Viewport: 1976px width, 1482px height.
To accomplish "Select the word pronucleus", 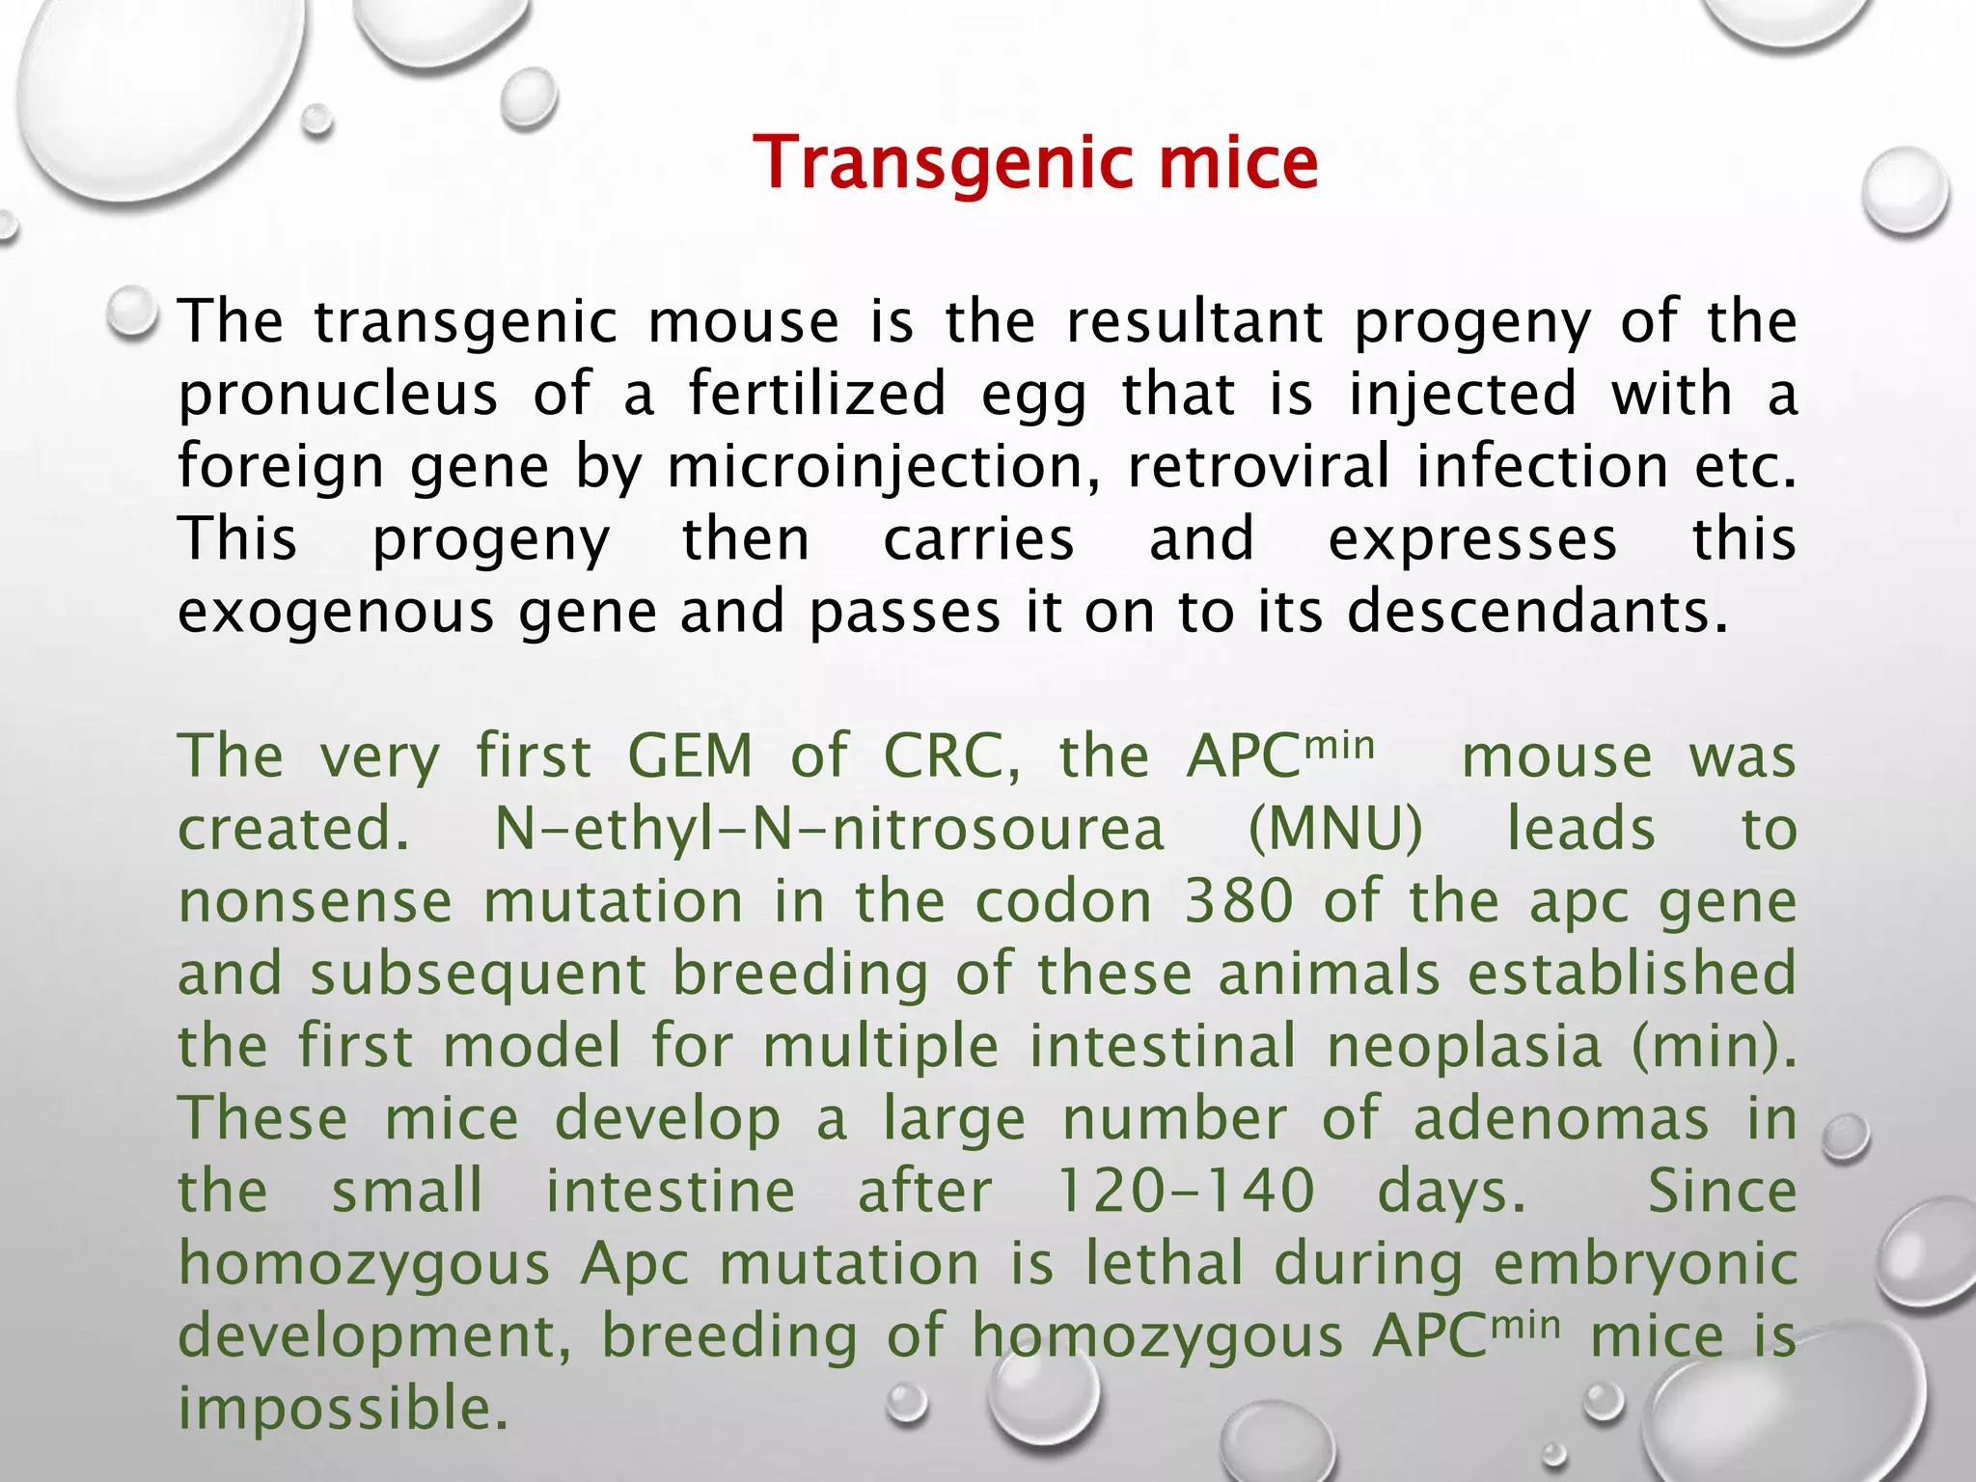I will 338,395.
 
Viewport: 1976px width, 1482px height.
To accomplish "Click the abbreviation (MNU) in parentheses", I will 1335,829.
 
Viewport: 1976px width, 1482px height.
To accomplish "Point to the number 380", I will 1239,901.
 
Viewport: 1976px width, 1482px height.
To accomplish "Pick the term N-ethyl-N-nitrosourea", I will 830,829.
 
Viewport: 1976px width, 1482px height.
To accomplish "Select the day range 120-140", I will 1186,1191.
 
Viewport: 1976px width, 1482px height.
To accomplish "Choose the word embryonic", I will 1645,1265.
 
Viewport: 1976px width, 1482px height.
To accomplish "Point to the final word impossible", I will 343,1409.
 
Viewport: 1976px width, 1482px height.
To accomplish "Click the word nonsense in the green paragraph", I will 316,901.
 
